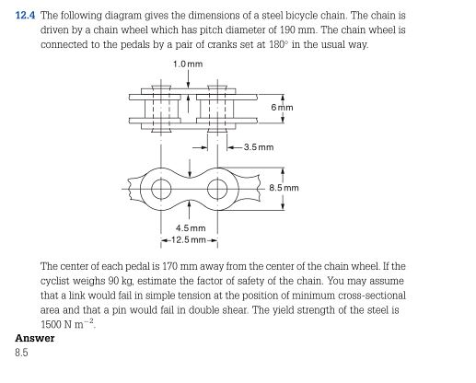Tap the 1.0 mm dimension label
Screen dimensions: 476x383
[188, 62]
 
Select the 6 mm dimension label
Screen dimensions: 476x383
[282, 108]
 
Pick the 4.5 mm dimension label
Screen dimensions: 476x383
[190, 228]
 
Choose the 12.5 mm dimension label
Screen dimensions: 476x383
[190, 240]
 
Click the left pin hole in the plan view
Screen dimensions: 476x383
[162, 191]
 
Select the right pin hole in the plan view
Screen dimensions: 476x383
[217, 191]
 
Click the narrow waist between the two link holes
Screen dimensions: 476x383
[190, 191]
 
